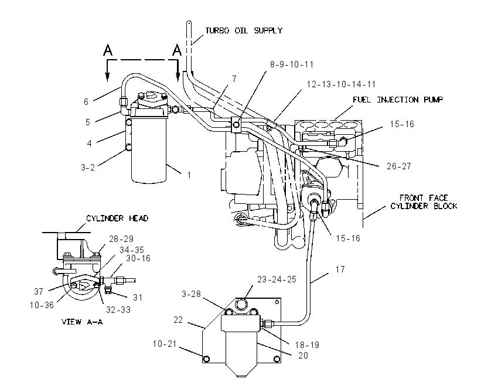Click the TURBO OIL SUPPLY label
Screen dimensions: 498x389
244,30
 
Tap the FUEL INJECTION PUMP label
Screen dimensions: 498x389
398,100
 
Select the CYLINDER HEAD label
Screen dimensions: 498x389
117,218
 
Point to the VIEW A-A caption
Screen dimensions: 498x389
82,322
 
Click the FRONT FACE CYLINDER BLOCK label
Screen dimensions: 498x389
424,202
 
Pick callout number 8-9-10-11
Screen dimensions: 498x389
292,64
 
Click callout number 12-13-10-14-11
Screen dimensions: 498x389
341,84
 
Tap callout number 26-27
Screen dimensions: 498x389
398,166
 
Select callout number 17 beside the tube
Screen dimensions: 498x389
340,269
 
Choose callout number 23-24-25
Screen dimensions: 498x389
277,279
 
